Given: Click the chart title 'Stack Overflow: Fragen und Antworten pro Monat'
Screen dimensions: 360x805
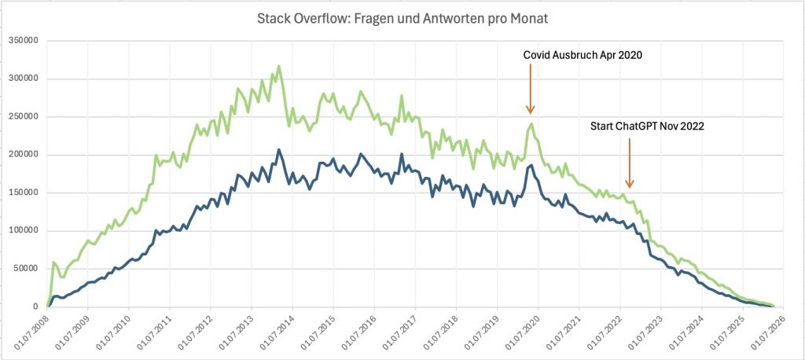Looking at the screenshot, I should [402, 18].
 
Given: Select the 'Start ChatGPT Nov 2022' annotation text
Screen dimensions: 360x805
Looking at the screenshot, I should [646, 125].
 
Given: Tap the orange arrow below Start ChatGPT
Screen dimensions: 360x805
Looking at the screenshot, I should [629, 165].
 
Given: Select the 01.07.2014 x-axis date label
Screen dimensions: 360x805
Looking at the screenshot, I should [278, 333].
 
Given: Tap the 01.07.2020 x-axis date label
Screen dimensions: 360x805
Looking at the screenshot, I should [524, 333].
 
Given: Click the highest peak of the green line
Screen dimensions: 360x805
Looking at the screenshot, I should [279, 66].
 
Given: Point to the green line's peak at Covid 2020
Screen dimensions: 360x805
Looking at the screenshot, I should [531, 123].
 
